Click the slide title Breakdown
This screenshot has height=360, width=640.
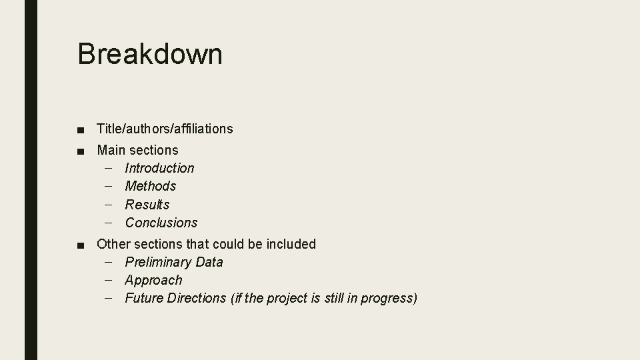[150, 54]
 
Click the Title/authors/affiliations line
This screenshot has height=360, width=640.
[165, 129]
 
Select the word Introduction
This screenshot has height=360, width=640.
[159, 168]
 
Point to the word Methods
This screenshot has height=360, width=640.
[151, 186]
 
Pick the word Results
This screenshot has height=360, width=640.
[147, 205]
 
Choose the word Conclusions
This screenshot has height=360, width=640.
[161, 223]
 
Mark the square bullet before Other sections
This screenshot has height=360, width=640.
[81, 245]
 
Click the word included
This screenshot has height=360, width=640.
[291, 244]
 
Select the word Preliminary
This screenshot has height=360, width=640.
[158, 262]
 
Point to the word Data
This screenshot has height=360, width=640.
[209, 262]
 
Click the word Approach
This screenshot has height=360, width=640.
[153, 280]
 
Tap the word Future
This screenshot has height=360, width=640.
[142, 298]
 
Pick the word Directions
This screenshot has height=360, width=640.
[194, 298]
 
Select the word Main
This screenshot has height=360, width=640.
[111, 151]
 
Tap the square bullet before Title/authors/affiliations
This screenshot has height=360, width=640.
[81, 129]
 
